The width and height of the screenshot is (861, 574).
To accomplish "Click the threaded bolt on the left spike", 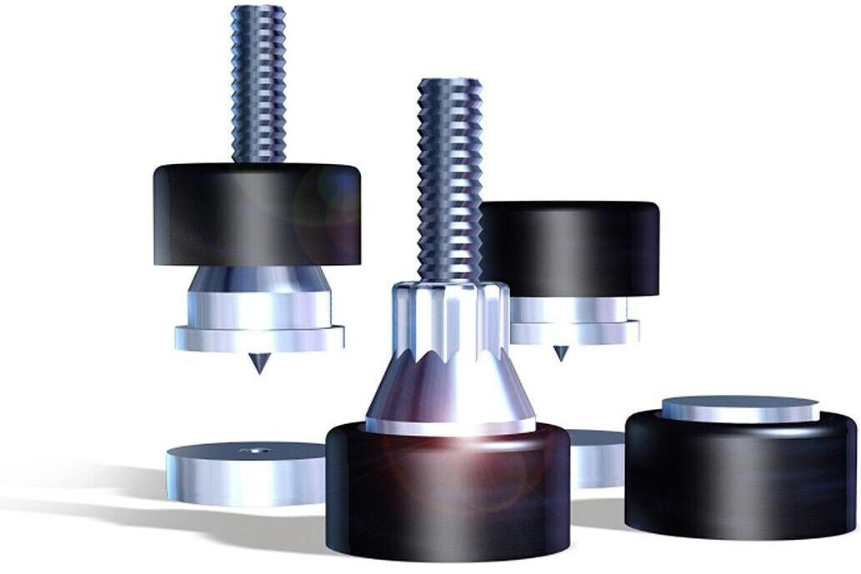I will point(258,83).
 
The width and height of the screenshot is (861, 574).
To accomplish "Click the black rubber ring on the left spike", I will point(257,214).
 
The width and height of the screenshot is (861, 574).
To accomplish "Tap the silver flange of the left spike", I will point(259,337).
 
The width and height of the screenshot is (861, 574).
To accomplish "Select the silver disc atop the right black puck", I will point(740,408).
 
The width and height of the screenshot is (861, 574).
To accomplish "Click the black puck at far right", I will point(740,479).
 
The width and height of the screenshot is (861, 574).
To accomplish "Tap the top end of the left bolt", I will point(258,10).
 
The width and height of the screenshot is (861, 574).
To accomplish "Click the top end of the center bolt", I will point(450,83).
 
